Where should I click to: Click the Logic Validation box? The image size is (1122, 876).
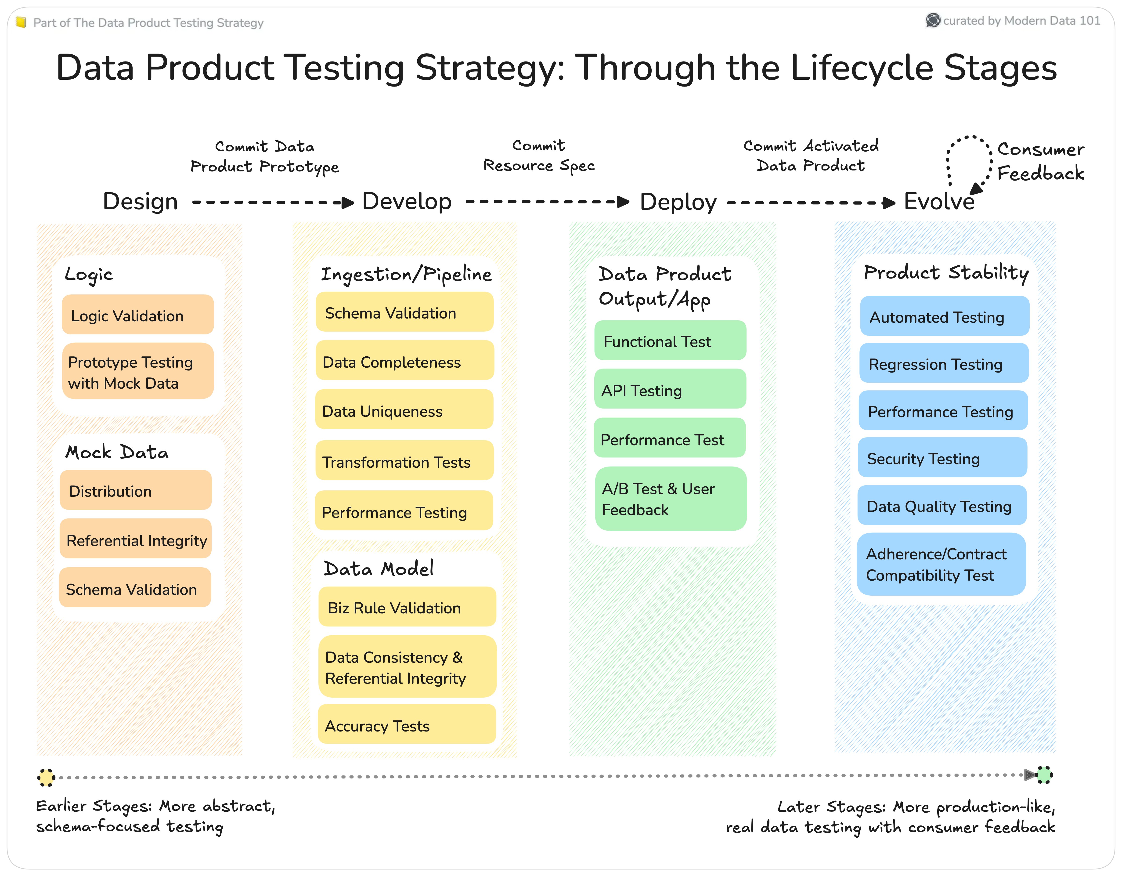(138, 315)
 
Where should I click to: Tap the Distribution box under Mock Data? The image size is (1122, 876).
(136, 491)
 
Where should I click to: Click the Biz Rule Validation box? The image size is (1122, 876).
(407, 607)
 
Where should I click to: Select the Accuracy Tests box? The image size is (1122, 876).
(407, 725)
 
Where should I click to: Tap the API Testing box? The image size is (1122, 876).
(670, 390)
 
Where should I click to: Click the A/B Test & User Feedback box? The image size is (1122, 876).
(671, 498)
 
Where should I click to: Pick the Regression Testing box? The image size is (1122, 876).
(944, 364)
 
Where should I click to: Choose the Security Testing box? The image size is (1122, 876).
(942, 458)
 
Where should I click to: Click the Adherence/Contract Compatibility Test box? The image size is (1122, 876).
(941, 564)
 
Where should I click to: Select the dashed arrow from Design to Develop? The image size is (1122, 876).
(272, 203)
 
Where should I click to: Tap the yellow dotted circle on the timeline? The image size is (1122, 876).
(46, 777)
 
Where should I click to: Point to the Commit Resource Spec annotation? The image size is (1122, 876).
(539, 156)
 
